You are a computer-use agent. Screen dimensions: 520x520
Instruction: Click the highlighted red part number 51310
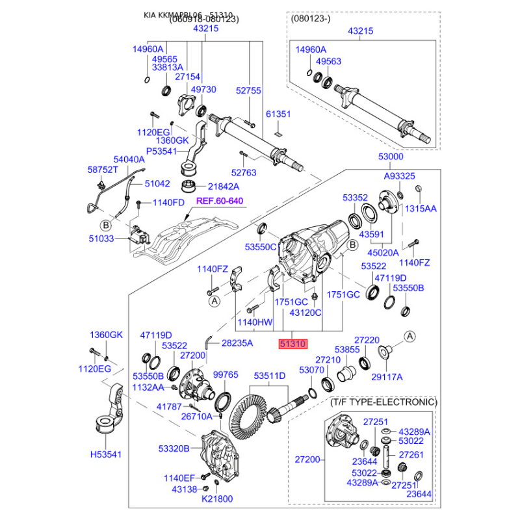[292, 345]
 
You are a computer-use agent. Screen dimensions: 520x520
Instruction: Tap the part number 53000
[391, 157]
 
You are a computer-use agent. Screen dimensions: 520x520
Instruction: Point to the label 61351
[279, 114]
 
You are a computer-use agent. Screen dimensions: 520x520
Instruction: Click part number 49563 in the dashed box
[328, 62]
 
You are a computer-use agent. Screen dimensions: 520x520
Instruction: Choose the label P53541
[161, 150]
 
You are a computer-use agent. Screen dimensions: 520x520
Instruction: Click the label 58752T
[103, 169]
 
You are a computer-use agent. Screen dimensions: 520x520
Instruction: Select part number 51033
[101, 239]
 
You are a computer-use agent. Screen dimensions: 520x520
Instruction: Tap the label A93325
[399, 176]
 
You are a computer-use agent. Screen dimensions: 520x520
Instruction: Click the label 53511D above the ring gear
[269, 376]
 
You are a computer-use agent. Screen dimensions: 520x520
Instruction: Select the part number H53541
[105, 454]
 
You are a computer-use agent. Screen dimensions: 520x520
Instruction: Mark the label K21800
[216, 499]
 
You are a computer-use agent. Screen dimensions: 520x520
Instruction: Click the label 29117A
[387, 376]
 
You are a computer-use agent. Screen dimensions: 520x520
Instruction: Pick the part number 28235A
[237, 343]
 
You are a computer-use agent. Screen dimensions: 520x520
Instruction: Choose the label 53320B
[174, 448]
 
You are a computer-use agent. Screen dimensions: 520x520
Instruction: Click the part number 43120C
[305, 313]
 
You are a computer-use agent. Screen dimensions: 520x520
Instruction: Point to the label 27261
[411, 454]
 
